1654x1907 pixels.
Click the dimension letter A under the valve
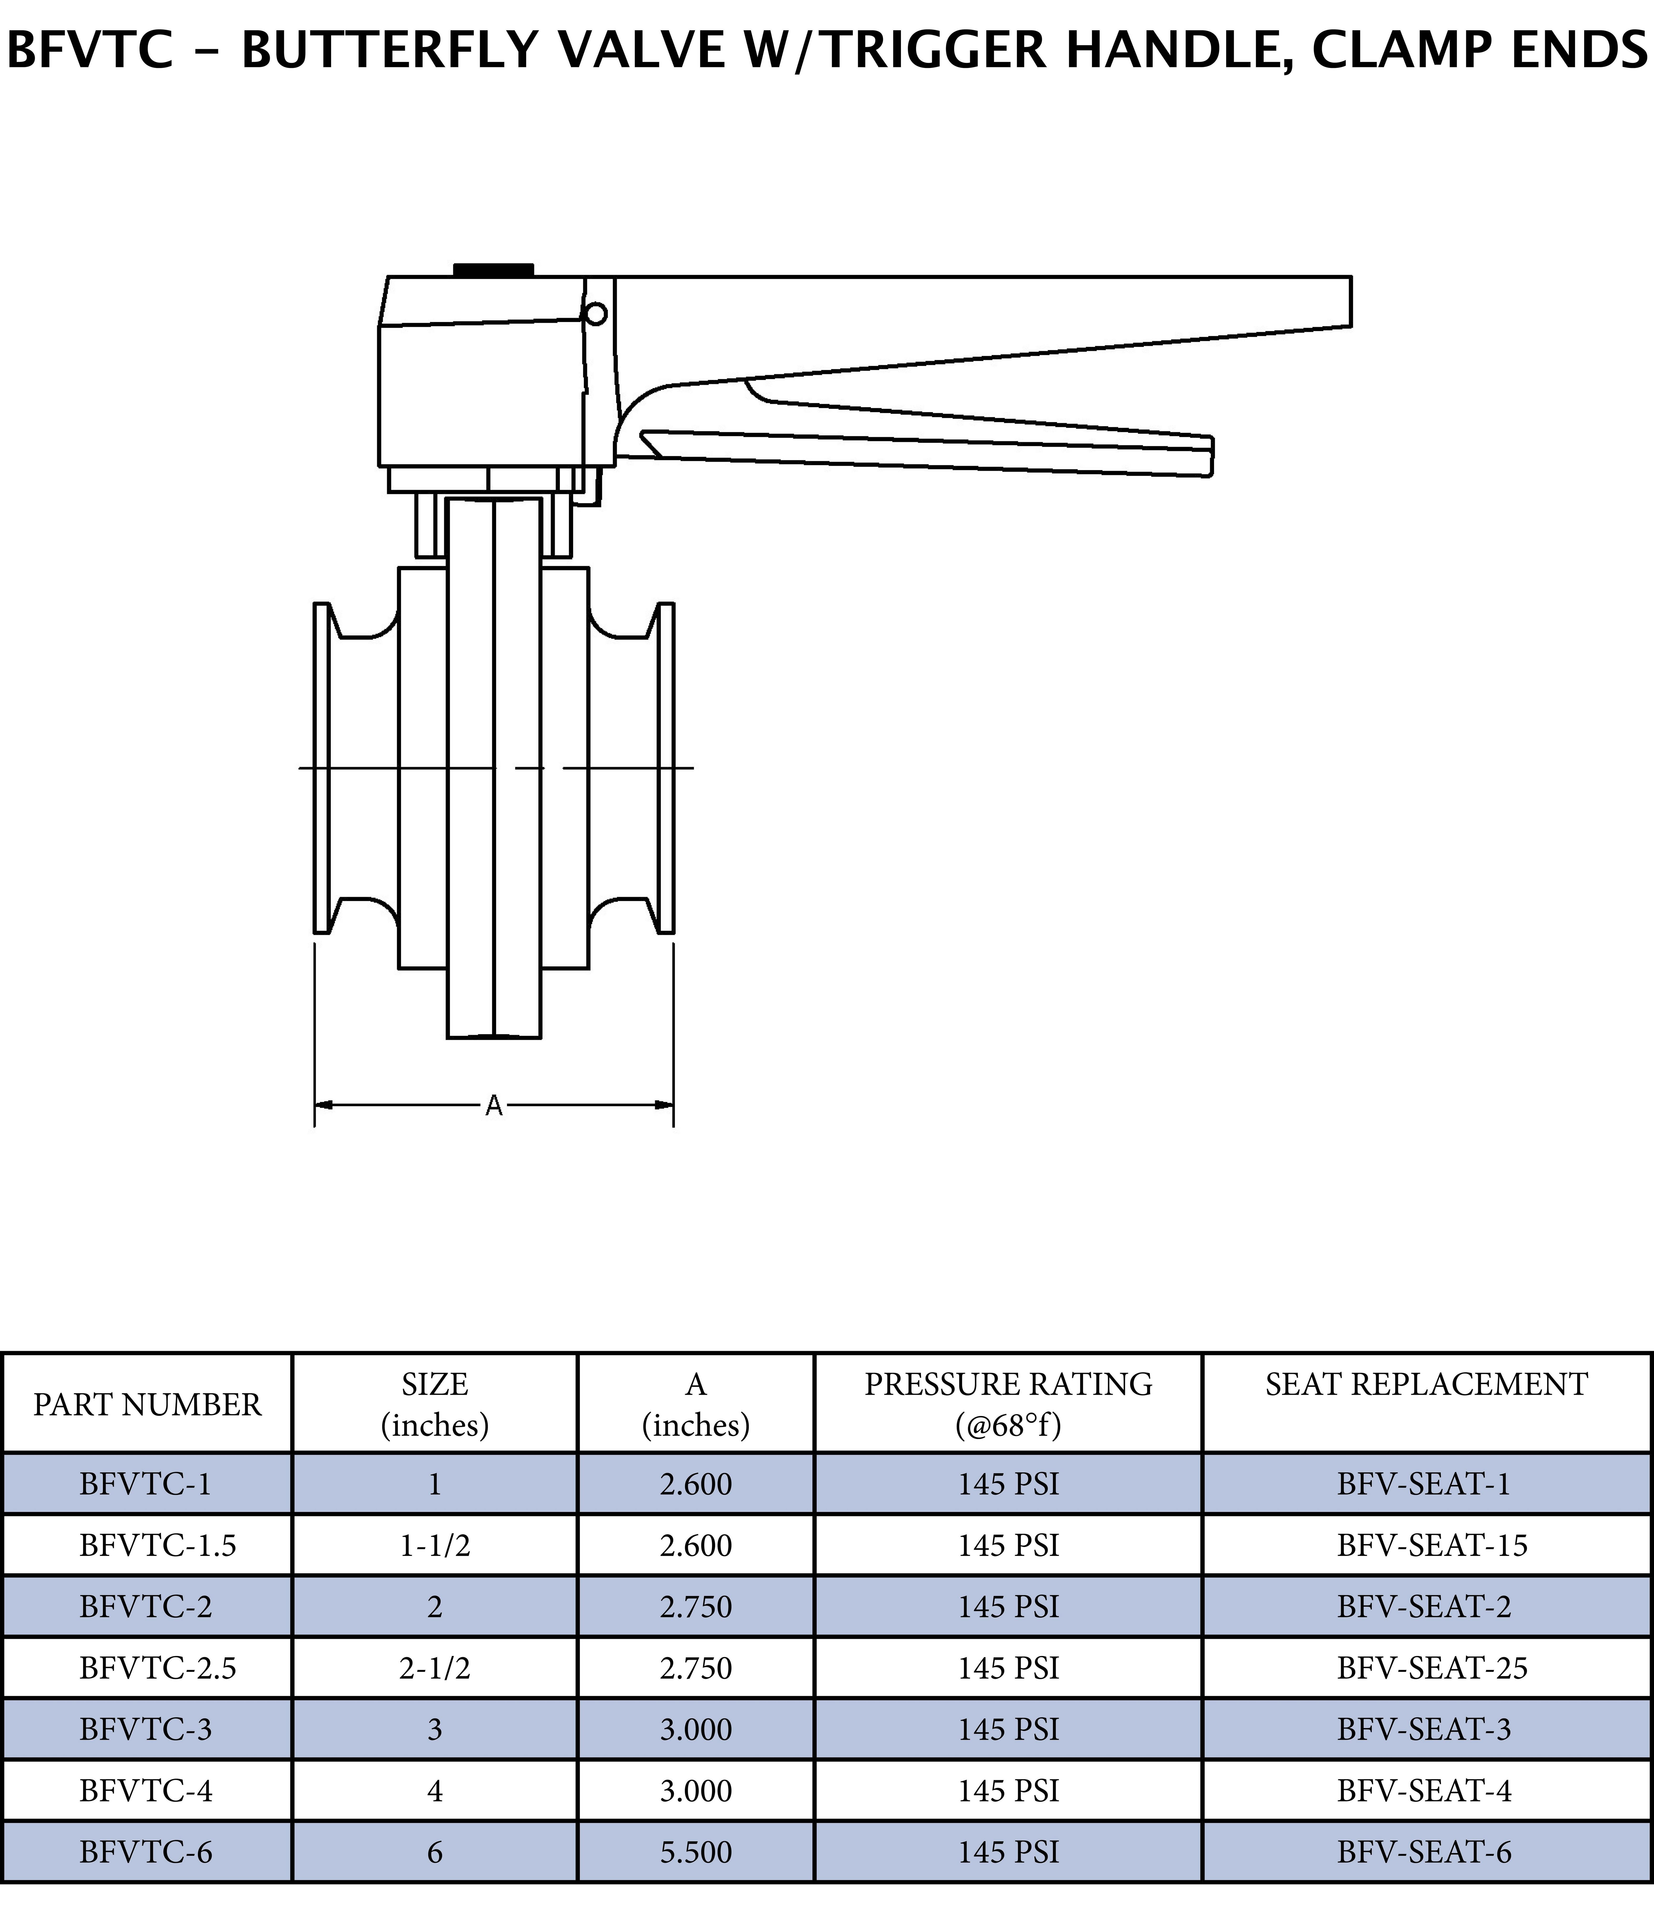pos(494,1106)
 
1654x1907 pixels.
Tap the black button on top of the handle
pos(493,270)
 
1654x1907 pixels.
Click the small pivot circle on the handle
pos(596,314)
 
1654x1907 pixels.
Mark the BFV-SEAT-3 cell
pos(1424,1729)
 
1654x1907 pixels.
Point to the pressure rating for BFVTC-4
pos(1008,1791)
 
